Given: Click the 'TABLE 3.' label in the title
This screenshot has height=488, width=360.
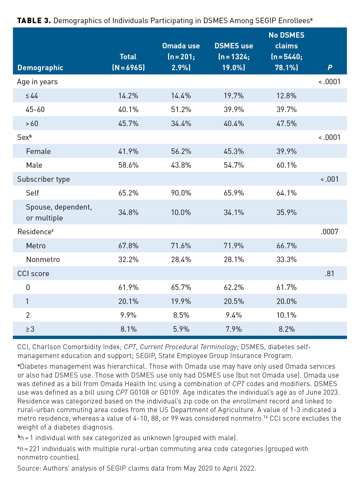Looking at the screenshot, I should [34, 21].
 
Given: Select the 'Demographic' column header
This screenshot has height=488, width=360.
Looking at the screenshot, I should [40, 68].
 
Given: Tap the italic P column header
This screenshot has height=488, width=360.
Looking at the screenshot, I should [330, 68].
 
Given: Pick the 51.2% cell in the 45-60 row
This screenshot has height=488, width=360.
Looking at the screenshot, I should [181, 109].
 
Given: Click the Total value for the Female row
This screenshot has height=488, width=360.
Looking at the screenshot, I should [128, 151].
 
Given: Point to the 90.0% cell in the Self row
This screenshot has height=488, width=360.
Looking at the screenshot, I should [181, 193].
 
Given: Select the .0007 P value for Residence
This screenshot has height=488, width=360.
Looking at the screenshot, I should [329, 232].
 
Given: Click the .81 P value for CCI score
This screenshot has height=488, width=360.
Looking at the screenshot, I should [329, 274].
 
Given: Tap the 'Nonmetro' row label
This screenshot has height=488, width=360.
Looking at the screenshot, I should [43, 259].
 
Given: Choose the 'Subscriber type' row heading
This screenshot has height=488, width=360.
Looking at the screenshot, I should [44, 179].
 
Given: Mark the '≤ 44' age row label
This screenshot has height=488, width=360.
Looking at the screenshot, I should [32, 96].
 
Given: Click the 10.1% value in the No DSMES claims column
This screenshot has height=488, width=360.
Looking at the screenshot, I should [286, 315].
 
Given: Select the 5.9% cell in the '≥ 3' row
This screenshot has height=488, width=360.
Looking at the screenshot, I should [181, 329].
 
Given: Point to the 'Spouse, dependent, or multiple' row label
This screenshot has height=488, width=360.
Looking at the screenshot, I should [59, 212].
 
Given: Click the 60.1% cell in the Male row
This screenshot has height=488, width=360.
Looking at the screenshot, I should [286, 165].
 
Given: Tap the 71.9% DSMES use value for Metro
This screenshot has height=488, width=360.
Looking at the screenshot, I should [234, 246].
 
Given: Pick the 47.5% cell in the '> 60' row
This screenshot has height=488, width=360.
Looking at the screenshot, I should [286, 123].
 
